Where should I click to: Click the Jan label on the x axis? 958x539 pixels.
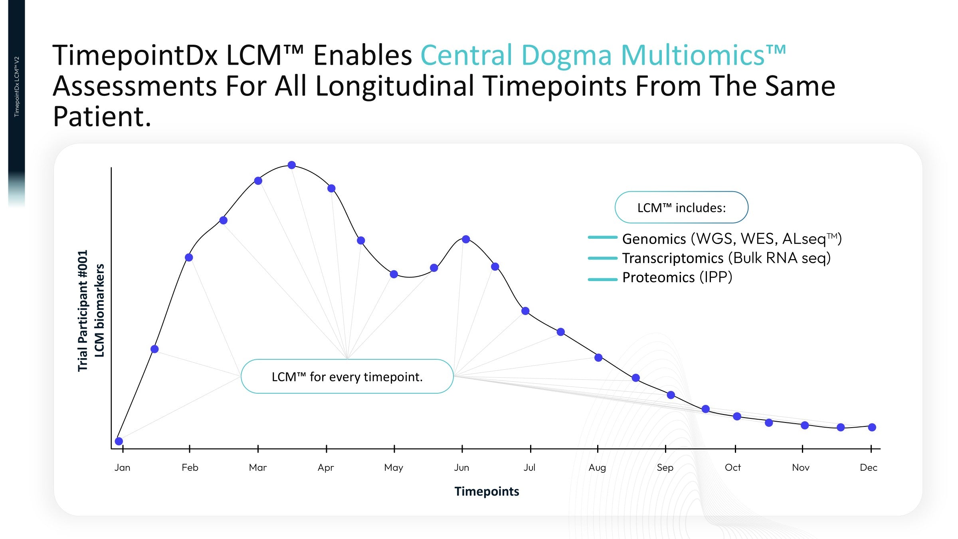click(x=122, y=467)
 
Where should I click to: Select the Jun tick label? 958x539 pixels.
click(x=461, y=467)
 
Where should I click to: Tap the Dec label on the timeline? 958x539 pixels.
click(x=869, y=467)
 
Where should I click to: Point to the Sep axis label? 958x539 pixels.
click(x=665, y=468)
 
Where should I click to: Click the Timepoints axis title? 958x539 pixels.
click(x=487, y=491)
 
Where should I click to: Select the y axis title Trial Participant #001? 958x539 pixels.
click(x=82, y=311)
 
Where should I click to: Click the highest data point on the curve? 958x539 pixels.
click(x=292, y=165)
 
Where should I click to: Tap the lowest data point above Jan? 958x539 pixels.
click(x=119, y=441)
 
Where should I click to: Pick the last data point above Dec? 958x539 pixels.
click(x=872, y=427)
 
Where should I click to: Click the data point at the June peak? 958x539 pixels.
click(x=466, y=239)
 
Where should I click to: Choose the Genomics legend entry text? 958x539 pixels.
click(x=732, y=239)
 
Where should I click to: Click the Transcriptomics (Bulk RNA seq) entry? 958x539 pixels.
click(x=726, y=258)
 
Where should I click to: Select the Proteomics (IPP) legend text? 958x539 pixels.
click(x=677, y=277)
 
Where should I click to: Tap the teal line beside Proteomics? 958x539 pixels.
click(x=603, y=279)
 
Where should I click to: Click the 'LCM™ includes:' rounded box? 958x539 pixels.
click(x=681, y=207)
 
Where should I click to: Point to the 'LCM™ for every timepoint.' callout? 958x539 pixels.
click(x=347, y=377)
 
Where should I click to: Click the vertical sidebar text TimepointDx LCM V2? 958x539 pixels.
click(x=17, y=87)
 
